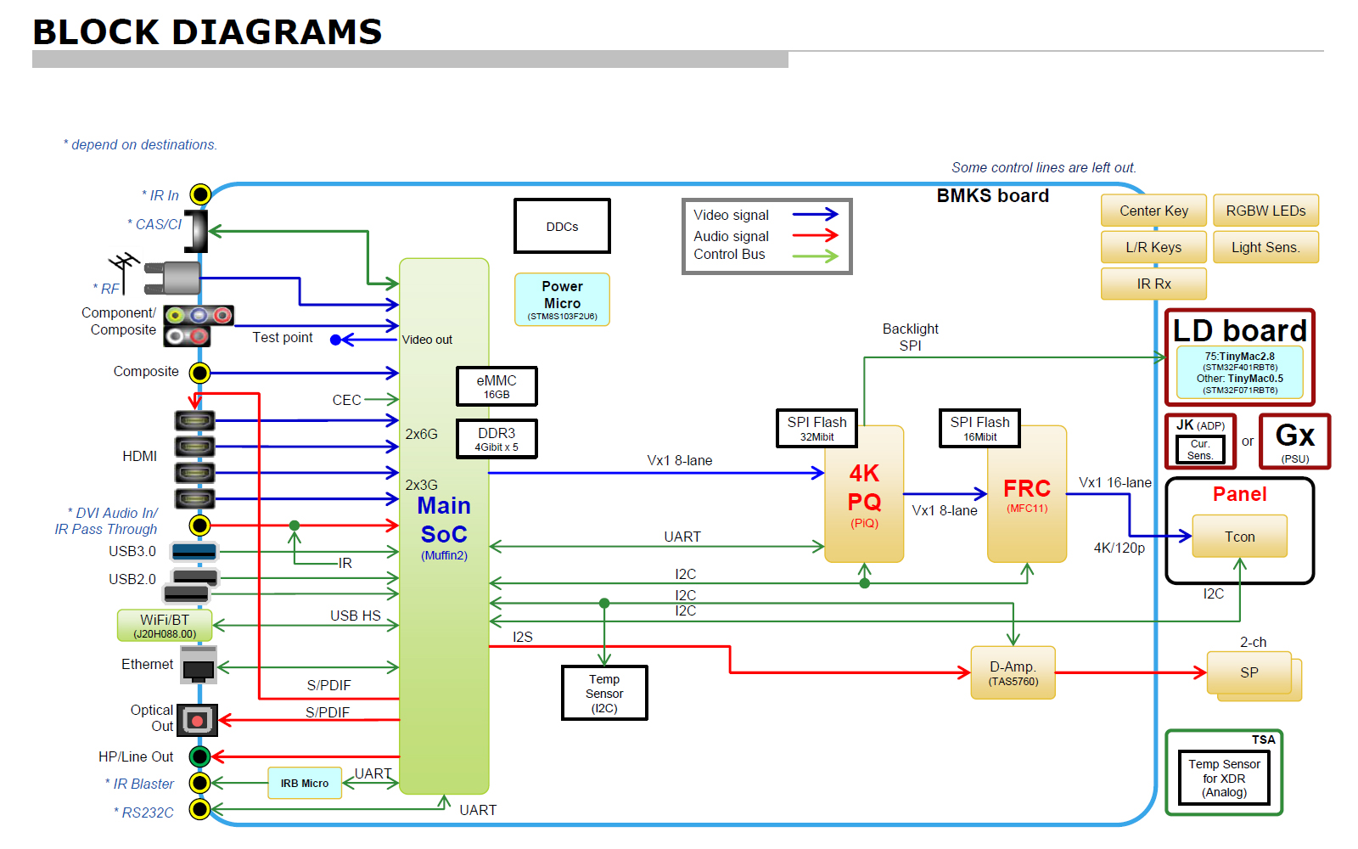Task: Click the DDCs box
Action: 562,226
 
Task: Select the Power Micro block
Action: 562,299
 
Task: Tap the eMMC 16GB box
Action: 497,386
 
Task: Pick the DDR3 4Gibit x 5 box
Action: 497,439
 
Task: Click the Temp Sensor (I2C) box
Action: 604,693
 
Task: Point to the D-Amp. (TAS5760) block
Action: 1013,672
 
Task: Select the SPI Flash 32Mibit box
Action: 816,428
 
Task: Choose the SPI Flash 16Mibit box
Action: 979,428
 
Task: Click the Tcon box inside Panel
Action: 1239,537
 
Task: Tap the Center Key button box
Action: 1153,211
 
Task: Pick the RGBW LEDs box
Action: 1265,211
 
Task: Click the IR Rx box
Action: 1153,284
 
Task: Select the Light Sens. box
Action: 1265,247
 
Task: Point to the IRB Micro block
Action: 305,783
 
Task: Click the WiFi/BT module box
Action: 165,626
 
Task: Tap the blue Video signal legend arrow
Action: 815,215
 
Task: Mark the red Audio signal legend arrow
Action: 815,235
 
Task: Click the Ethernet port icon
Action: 199,666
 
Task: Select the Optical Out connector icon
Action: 197,720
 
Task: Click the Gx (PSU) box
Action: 1294,441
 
